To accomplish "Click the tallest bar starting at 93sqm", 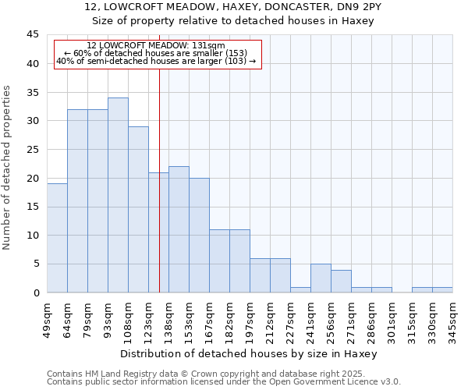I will [x=118, y=195].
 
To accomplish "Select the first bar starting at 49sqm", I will [x=57, y=238].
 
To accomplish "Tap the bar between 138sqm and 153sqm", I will [x=179, y=229].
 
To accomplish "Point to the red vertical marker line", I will [x=159, y=179].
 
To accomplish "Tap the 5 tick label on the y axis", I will [x=37, y=264].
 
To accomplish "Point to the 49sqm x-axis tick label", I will [x=47, y=317].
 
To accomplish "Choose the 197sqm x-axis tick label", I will [x=250, y=317].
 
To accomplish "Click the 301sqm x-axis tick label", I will [x=392, y=317].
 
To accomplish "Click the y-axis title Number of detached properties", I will [x=8, y=168].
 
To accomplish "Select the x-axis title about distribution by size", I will [x=249, y=353].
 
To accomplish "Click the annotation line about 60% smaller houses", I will [x=156, y=53].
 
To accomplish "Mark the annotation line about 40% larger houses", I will [x=156, y=61].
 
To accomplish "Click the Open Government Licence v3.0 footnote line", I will [x=224, y=382].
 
